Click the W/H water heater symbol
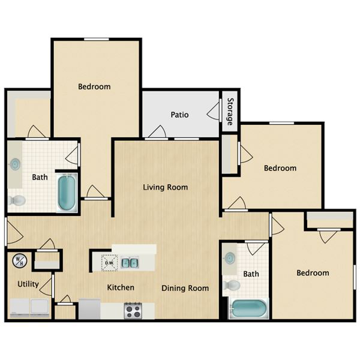[x=20, y=260]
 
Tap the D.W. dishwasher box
[x=109, y=263]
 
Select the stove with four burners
[x=133, y=311]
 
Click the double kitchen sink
[x=130, y=263]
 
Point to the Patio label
[x=179, y=115]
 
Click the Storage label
[x=230, y=112]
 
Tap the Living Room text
[x=166, y=187]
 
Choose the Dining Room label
[x=185, y=288]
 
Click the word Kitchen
[x=121, y=287]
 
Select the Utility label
[x=28, y=284]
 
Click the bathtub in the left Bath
[x=67, y=193]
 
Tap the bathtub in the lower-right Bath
[x=248, y=308]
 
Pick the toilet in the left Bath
[x=17, y=200]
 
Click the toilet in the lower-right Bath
[x=232, y=285]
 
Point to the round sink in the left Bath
[x=15, y=164]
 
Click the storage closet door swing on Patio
[x=213, y=111]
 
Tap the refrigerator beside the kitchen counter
[x=89, y=308]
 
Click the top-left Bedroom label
[x=94, y=86]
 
